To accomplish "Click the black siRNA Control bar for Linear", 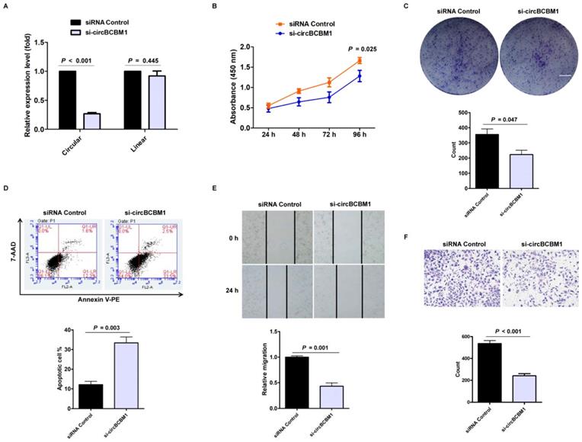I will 133,99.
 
